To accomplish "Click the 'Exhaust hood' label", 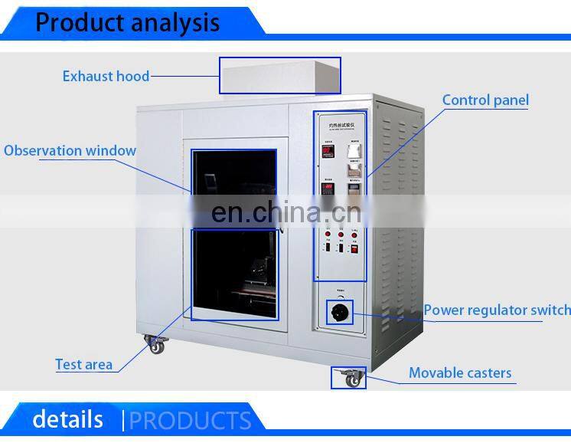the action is (106, 76).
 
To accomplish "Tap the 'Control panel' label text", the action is (485, 100).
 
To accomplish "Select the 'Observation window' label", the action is (70, 150).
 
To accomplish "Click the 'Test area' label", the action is (83, 365).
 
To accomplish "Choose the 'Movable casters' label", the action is (460, 373).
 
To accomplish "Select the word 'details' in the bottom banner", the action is (67, 419).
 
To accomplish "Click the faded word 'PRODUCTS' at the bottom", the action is (190, 421).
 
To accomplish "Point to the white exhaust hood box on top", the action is (280, 75).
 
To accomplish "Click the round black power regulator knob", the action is (340, 311).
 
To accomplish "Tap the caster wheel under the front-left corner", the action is (156, 346).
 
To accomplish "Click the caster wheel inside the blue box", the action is (351, 379).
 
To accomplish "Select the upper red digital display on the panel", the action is (327, 152).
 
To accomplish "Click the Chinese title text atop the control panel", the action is (339, 120).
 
